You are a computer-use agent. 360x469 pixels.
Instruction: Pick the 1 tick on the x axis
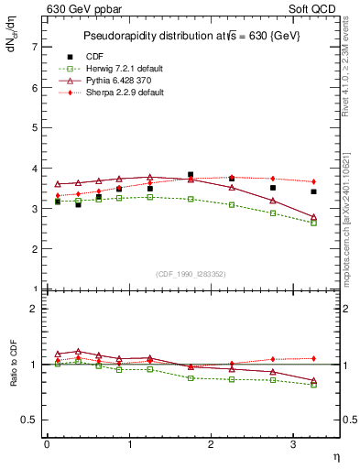click(129, 445)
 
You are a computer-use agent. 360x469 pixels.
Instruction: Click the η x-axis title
click(335, 455)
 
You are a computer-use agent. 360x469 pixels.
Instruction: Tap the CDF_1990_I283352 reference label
click(191, 274)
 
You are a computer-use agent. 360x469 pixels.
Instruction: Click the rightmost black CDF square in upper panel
click(313, 191)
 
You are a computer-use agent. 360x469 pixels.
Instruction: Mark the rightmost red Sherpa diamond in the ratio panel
click(313, 358)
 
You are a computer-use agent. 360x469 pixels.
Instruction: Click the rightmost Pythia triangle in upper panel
click(313, 217)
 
